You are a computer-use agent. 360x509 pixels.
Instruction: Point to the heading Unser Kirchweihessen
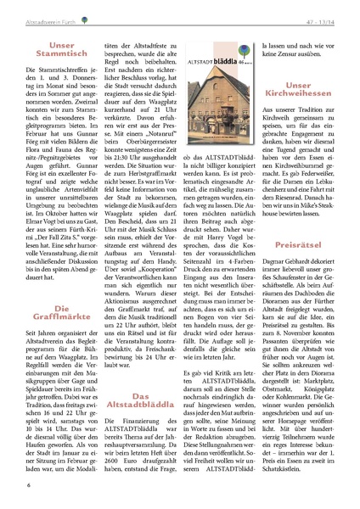click(303, 91)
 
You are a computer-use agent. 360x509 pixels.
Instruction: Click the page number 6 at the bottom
click(30, 484)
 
